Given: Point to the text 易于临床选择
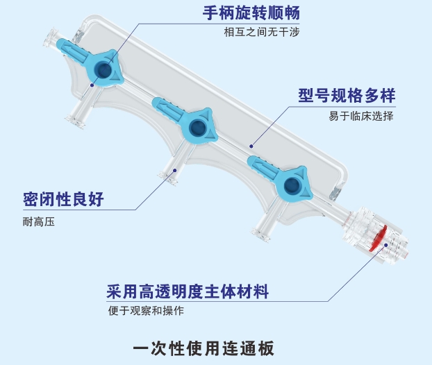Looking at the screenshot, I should (x=360, y=116).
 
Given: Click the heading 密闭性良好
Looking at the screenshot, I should (x=63, y=200).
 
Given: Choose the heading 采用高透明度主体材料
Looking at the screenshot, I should (x=188, y=291).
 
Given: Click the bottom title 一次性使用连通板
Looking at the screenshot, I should (x=215, y=345).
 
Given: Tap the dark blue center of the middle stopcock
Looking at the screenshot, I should (x=197, y=127).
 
